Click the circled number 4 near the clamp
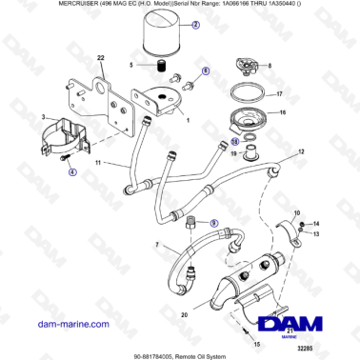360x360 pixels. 71,172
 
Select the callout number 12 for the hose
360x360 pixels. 300,152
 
